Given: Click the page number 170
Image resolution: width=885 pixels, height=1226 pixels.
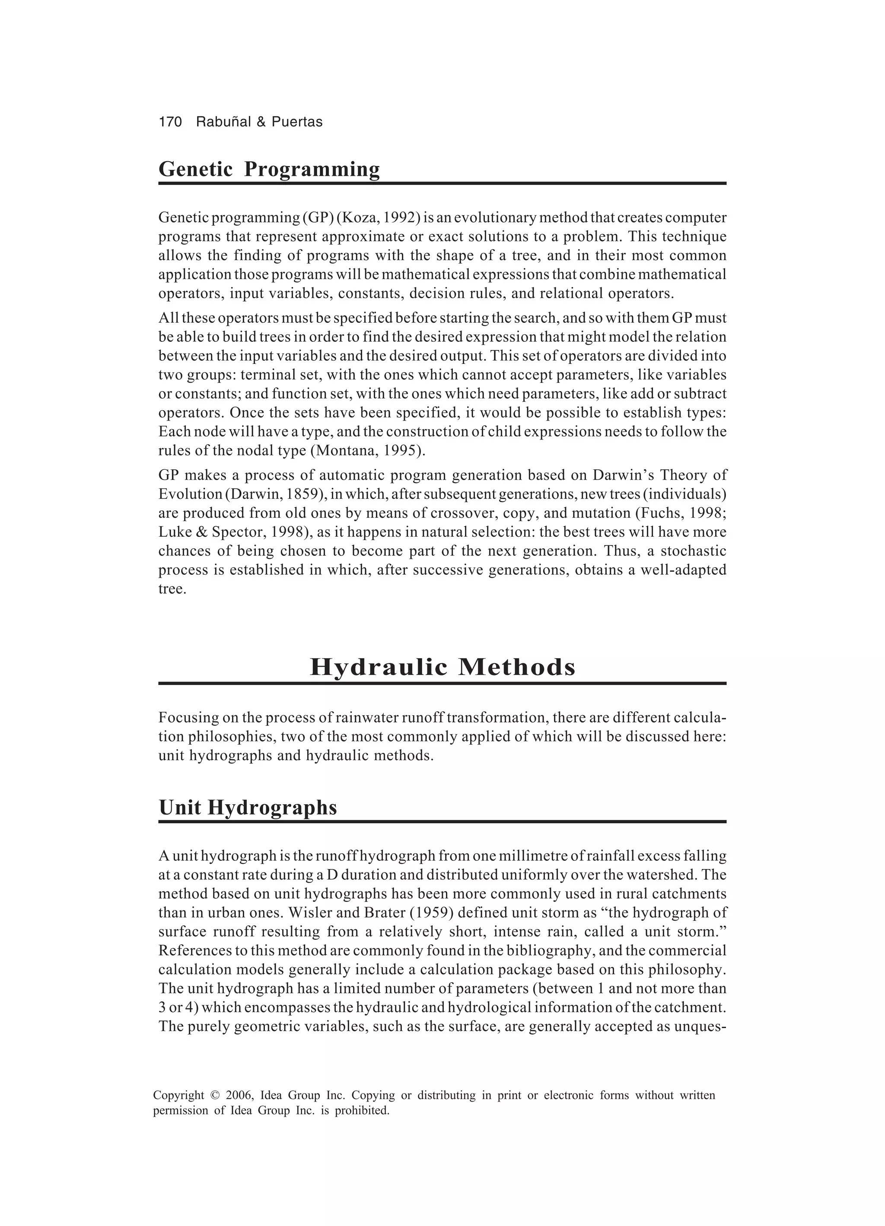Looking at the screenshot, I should (170, 122).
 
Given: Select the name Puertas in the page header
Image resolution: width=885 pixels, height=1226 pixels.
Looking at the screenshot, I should (296, 122).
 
